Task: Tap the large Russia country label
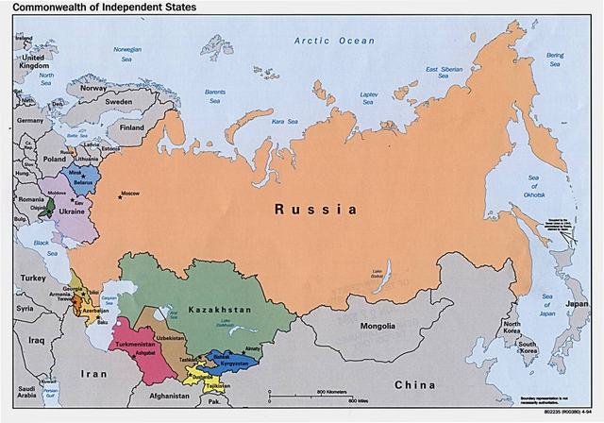pos(316,208)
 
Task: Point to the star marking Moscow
pos(120,196)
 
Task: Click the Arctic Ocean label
pos(334,41)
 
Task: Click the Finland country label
pos(131,127)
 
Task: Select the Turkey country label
pos(34,279)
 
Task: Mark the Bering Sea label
pos(555,60)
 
